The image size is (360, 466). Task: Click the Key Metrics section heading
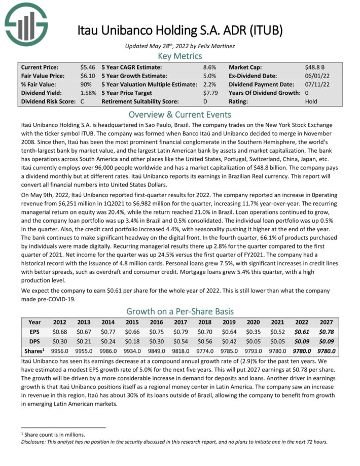pyautogui.click(x=180, y=56)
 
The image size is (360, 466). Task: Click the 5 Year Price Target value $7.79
pyautogui.click(x=210, y=93)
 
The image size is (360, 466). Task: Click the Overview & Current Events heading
pyautogui.click(x=180, y=114)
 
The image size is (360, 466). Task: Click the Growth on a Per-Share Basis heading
pyautogui.click(x=180, y=311)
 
